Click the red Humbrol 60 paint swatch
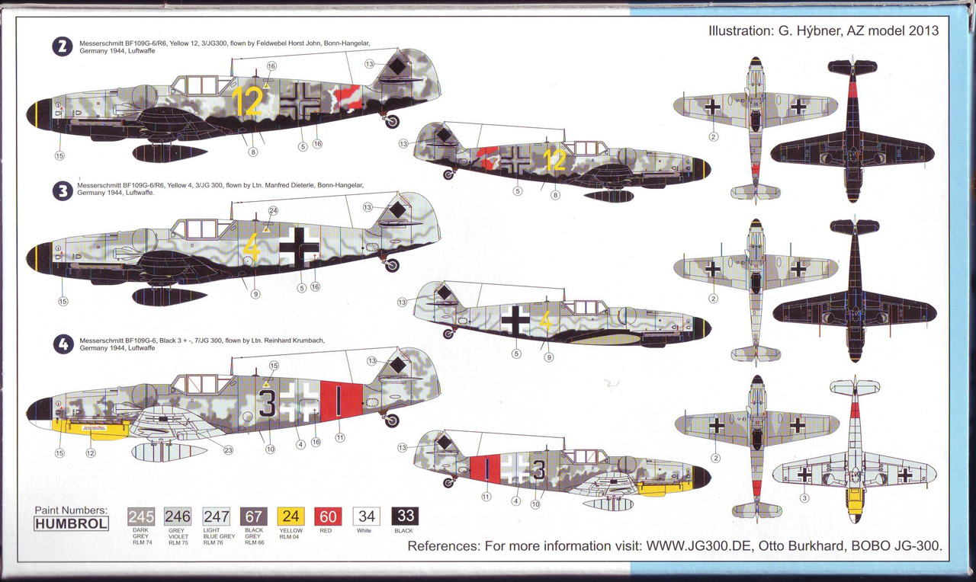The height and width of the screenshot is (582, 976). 328,517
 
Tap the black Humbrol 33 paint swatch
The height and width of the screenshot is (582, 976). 404,517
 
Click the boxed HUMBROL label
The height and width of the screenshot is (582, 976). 71,523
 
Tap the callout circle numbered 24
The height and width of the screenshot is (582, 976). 273,210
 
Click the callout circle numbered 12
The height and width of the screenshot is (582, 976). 91,453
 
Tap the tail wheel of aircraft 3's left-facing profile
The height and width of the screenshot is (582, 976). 392,264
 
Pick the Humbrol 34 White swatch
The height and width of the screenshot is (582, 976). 365,517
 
